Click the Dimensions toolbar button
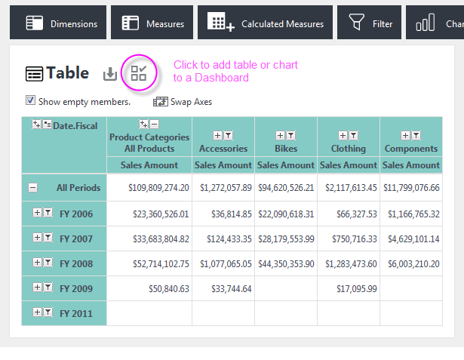[58, 22]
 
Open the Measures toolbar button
[152, 22]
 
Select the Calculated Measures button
[265, 22]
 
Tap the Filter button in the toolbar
[369, 22]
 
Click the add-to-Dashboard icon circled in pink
[139, 73]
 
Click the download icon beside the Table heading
[110, 74]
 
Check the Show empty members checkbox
[30, 100]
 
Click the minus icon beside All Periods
[33, 187]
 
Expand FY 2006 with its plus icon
[37, 213]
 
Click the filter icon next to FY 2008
[48, 263]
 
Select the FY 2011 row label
[76, 313]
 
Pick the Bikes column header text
[286, 149]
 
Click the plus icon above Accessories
[217, 136]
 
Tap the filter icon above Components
[416, 136]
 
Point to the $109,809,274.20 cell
[158, 188]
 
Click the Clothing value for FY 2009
[357, 288]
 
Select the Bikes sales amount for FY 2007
[286, 239]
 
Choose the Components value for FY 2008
[413, 264]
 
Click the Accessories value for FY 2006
[232, 214]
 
